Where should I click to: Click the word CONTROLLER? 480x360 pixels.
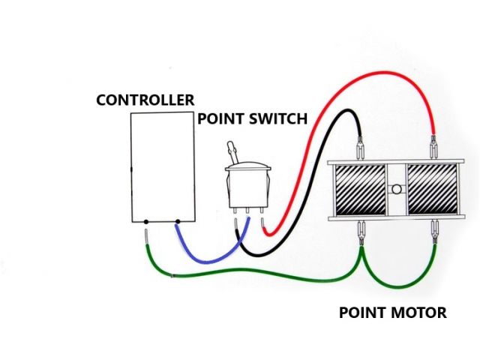point(145,100)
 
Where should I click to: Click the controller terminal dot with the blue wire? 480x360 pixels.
point(177,222)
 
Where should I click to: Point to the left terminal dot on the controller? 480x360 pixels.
point(145,222)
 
